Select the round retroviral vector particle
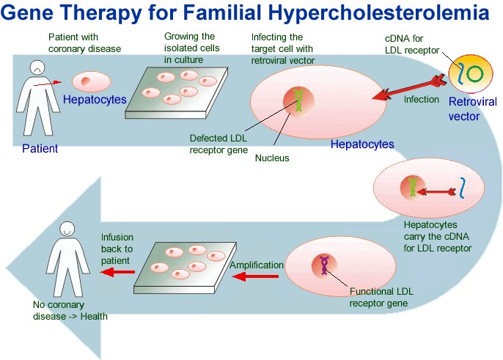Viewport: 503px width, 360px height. click(469, 74)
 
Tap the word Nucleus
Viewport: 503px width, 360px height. click(272, 157)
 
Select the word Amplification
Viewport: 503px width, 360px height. click(257, 265)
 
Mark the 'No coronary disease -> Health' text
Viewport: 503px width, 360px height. click(70, 311)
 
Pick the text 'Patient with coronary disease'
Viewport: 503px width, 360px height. click(84, 43)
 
